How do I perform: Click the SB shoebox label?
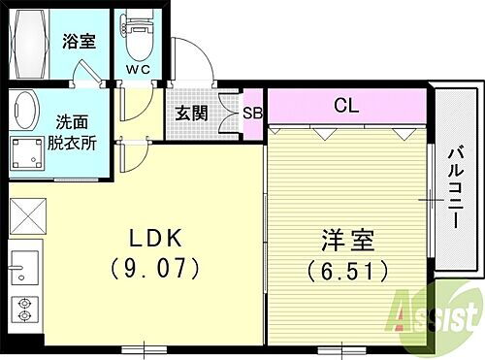tap(252, 112)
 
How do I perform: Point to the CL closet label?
tap(346, 103)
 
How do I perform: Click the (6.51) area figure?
tap(346, 267)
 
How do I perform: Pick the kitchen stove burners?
tap(23, 310)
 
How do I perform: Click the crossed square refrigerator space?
tap(28, 214)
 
